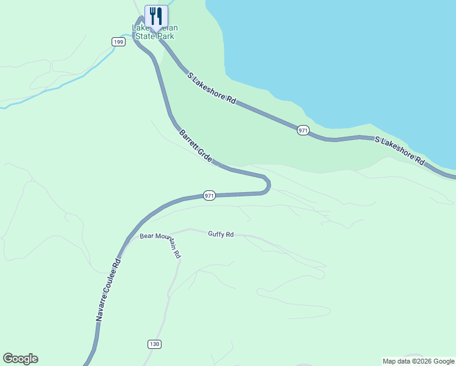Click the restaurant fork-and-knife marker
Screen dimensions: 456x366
156,16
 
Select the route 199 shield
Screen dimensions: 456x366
118,41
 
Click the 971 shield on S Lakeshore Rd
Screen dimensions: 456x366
304,131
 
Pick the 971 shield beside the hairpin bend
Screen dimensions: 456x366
209,196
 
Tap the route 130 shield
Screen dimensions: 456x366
154,344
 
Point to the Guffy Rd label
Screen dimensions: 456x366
221,234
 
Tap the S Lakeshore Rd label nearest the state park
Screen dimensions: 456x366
212,88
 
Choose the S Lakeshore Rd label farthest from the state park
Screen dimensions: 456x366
399,151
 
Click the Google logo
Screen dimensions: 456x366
20,359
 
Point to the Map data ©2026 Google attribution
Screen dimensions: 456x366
418,361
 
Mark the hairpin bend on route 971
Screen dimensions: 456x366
267,184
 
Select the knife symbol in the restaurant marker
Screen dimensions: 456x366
160,15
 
